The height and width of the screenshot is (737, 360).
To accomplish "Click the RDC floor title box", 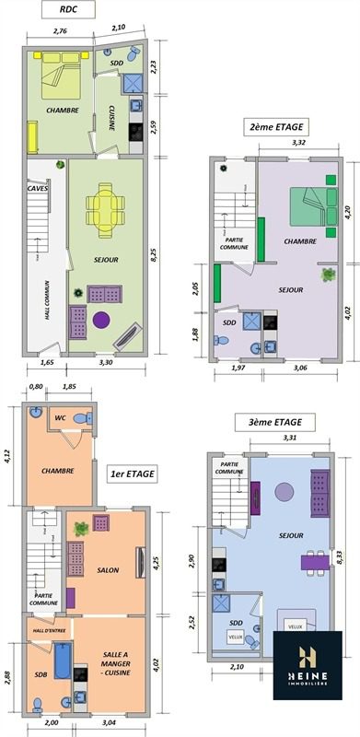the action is click(68, 9).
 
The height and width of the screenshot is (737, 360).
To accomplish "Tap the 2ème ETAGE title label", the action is click(276, 126).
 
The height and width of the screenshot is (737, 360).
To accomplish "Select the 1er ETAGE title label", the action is click(133, 474).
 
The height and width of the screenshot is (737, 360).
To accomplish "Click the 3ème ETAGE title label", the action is click(275, 422).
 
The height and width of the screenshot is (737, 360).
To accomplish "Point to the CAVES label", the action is click(37, 189).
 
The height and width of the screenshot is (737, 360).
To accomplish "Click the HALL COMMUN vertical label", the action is click(48, 301).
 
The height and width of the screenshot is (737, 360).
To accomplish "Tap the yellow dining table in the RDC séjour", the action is click(105, 210).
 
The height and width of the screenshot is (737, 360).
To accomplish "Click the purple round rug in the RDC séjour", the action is click(101, 320).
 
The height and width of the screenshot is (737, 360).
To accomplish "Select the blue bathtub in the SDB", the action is click(63, 661).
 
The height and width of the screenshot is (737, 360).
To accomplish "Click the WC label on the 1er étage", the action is click(60, 417).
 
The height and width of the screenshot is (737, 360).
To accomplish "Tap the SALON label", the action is click(108, 570).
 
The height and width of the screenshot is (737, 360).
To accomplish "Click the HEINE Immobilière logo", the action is click(308, 665).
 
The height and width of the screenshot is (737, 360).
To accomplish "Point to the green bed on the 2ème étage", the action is click(313, 206).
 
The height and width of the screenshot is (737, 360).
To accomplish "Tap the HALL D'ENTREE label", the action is click(50, 630).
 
